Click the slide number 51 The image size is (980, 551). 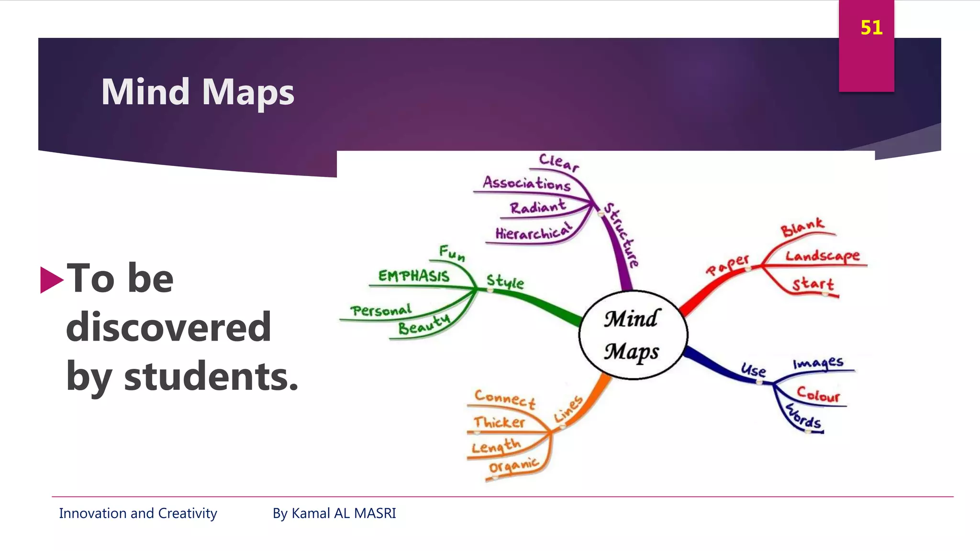pyautogui.click(x=871, y=28)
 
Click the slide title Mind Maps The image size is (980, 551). pyautogui.click(x=198, y=92)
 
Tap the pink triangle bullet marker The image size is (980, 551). pyautogui.click(x=51, y=279)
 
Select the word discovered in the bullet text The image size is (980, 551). pyautogui.click(x=168, y=327)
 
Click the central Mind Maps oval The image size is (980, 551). pyautogui.click(x=632, y=335)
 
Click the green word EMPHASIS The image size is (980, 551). pyautogui.click(x=413, y=276)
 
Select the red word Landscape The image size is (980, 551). pyautogui.click(x=822, y=256)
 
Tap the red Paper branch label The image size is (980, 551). pyautogui.click(x=727, y=265)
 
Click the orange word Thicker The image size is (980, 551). pyautogui.click(x=499, y=422)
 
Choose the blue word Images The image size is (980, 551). pyautogui.click(x=818, y=363)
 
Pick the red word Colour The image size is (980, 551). pyautogui.click(x=818, y=395)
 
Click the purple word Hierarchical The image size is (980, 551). pyautogui.click(x=533, y=232)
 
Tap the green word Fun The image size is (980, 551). pyautogui.click(x=452, y=253)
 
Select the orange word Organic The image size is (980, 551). pyautogui.click(x=513, y=465)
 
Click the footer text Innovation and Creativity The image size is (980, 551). pyautogui.click(x=138, y=513)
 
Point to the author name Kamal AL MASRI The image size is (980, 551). pyautogui.click(x=344, y=513)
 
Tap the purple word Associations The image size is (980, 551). pyautogui.click(x=526, y=183)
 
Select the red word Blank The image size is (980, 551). pyautogui.click(x=802, y=227)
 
